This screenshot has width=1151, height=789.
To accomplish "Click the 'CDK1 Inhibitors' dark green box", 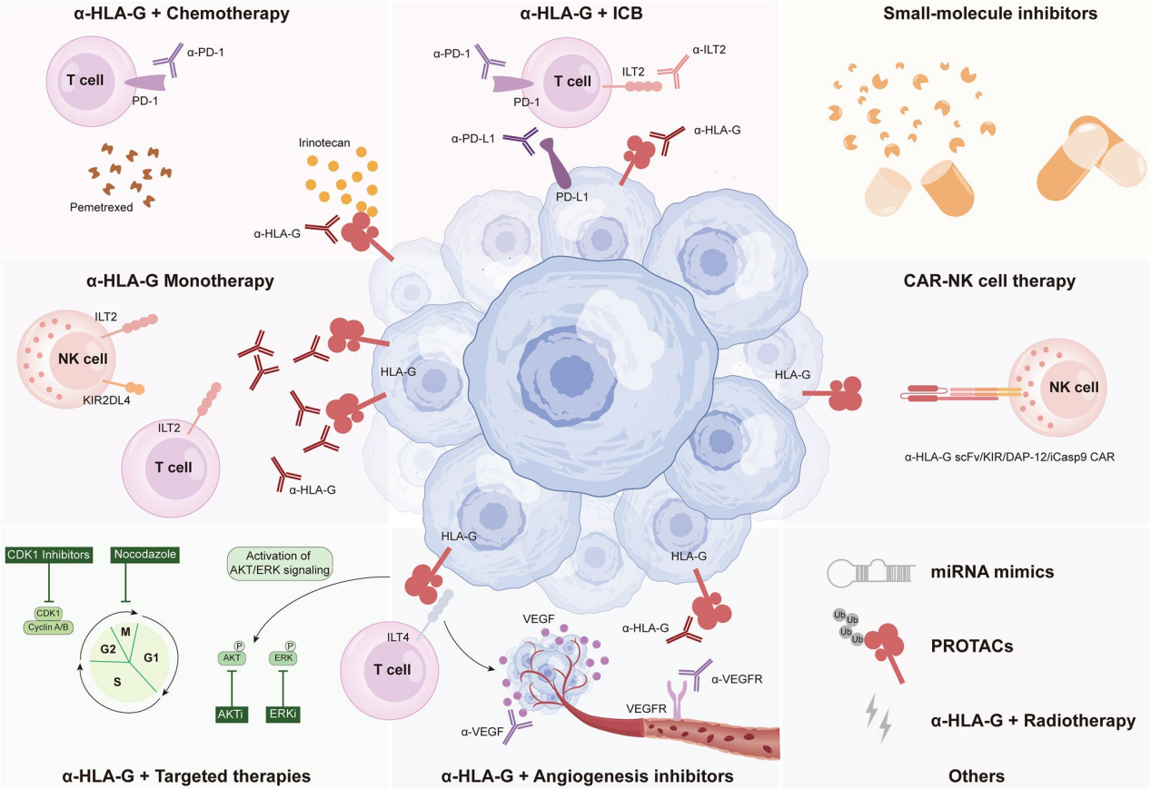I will [46, 553].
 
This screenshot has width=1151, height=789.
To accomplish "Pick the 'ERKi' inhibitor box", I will [282, 715].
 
